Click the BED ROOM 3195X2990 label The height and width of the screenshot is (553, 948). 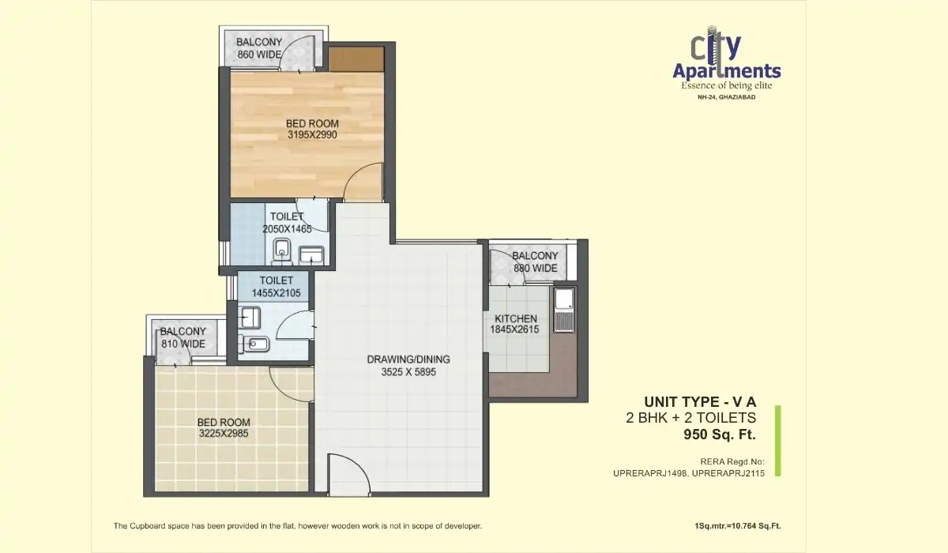pos(312,129)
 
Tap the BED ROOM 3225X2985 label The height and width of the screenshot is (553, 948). pos(224,427)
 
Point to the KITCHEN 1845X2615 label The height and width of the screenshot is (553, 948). pos(516,324)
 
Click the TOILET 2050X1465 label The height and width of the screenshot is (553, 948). pos(287,223)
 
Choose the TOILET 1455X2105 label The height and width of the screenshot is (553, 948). pos(276,287)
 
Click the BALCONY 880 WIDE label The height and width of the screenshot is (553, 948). pos(535,261)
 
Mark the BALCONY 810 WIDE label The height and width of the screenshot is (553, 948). pos(182,337)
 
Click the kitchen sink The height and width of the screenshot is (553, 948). pos(563,310)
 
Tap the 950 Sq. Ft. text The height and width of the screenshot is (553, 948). pos(719,434)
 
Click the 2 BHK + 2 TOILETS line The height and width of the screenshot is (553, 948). pos(690,418)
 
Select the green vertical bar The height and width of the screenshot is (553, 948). pos(777,441)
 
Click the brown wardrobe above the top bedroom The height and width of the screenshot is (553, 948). pos(355,58)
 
